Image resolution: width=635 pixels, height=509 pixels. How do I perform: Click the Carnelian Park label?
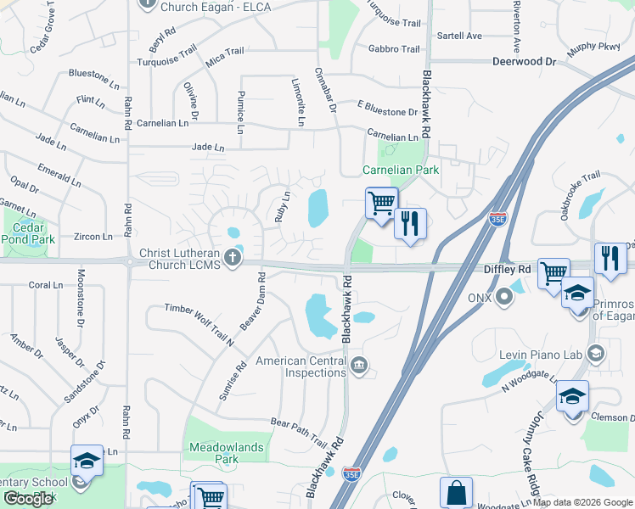point(401,170)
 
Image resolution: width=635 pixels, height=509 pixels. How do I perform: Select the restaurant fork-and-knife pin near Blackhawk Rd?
point(410,224)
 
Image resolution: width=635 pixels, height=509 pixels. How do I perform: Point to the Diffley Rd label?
point(507,269)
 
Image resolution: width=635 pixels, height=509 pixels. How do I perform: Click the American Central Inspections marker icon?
point(359,366)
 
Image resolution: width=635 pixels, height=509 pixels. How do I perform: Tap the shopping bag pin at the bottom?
point(456,493)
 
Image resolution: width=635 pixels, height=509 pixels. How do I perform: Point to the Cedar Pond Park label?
point(29,234)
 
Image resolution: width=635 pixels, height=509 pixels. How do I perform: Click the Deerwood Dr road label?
point(524,62)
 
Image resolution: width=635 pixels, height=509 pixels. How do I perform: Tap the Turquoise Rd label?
point(168,64)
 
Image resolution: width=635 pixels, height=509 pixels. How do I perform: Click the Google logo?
point(29,499)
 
